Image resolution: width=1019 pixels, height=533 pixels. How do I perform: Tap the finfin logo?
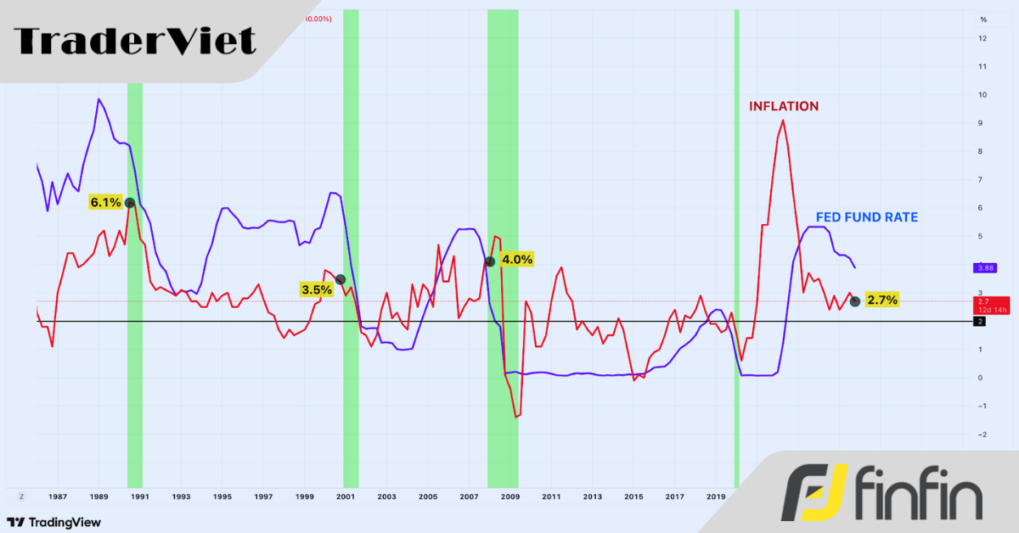click(x=883, y=493)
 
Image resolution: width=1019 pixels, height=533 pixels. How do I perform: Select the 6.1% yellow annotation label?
click(x=105, y=203)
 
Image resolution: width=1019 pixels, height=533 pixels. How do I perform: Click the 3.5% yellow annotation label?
click(x=317, y=289)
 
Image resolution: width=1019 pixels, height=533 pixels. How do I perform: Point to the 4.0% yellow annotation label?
click(x=517, y=260)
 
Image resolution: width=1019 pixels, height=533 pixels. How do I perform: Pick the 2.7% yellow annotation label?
click(x=881, y=300)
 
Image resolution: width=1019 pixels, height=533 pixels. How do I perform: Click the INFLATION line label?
click(x=783, y=106)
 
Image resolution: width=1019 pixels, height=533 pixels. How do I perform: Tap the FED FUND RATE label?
click(x=866, y=217)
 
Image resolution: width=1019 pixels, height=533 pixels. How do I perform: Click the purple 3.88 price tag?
click(x=986, y=267)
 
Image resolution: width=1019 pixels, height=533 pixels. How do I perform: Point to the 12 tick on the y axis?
click(x=982, y=38)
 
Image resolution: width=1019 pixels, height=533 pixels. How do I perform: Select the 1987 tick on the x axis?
click(x=57, y=497)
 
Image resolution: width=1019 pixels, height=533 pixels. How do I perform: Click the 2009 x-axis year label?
click(x=509, y=497)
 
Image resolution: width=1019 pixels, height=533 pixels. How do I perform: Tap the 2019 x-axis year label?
click(x=715, y=497)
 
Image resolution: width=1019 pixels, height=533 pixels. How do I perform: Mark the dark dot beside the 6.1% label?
click(x=129, y=203)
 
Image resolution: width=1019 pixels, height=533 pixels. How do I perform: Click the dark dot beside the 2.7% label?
click(x=855, y=301)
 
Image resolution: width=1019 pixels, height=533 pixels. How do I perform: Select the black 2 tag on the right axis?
click(x=980, y=322)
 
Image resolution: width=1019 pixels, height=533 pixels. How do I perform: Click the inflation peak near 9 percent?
click(x=782, y=121)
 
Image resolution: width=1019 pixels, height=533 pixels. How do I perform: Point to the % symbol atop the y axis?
click(x=983, y=19)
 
